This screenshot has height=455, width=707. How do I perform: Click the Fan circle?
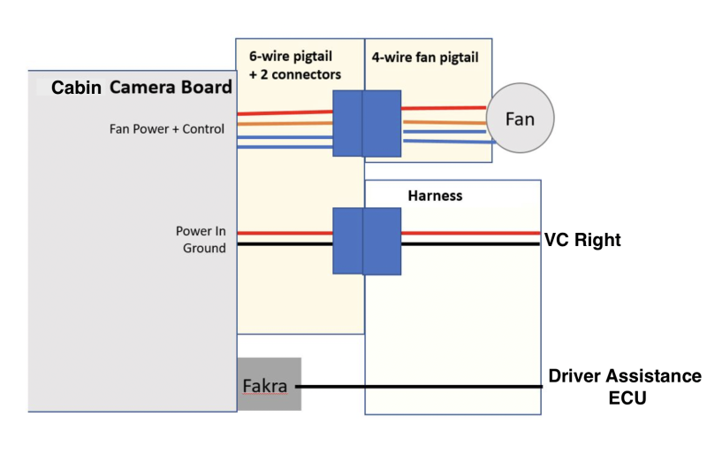(x=520, y=118)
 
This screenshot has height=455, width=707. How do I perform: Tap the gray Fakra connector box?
(x=269, y=384)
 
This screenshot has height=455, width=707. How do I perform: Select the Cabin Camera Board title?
(x=141, y=87)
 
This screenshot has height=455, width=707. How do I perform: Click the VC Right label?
(x=582, y=239)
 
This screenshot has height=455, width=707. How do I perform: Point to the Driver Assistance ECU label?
(x=625, y=387)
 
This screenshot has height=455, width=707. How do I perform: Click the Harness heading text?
(x=435, y=195)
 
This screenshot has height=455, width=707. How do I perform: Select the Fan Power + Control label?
(x=167, y=129)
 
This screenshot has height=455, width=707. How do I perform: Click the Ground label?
(x=204, y=249)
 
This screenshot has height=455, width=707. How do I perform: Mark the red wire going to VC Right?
(x=468, y=234)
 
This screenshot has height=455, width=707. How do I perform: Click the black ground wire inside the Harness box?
(x=468, y=243)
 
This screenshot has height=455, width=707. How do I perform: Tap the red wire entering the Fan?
(x=442, y=109)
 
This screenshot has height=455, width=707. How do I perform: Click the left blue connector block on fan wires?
(x=347, y=123)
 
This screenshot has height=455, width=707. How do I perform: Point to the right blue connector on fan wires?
(x=382, y=123)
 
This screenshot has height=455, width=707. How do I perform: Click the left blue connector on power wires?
(x=347, y=240)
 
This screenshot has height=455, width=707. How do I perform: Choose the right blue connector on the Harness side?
(x=382, y=240)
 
